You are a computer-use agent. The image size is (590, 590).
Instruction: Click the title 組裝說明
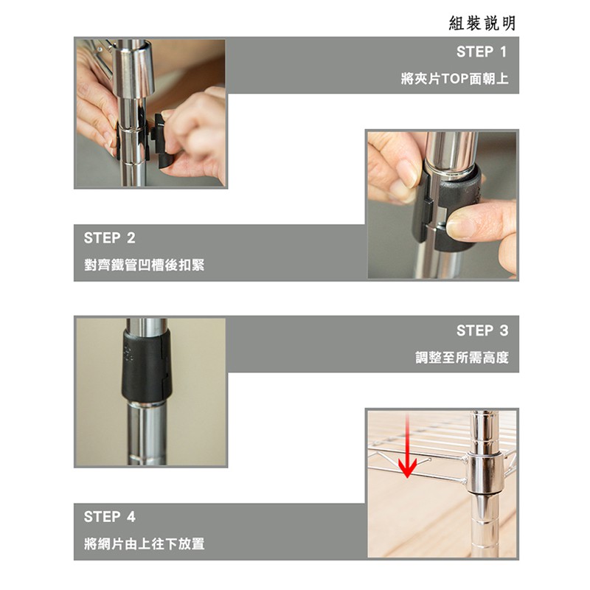click(482, 24)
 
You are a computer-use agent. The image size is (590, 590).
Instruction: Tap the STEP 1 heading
click(482, 52)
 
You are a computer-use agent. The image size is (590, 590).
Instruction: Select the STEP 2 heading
click(109, 238)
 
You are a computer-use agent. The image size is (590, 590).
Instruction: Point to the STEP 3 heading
click(482, 330)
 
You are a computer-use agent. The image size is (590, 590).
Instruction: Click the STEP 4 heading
click(109, 517)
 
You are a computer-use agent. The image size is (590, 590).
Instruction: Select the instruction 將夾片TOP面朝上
click(454, 79)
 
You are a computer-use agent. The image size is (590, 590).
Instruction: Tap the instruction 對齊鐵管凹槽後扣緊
click(144, 265)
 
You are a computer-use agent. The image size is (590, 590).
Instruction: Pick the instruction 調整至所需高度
click(462, 358)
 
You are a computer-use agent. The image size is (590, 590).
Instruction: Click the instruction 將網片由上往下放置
click(144, 544)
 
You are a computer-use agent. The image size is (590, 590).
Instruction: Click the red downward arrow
click(407, 446)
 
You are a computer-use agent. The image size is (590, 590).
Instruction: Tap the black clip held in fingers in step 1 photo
click(162, 139)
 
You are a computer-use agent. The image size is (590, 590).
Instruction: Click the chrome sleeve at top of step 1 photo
click(133, 68)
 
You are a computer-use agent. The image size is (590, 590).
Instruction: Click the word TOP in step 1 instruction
click(455, 79)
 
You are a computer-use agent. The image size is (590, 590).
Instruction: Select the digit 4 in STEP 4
click(131, 517)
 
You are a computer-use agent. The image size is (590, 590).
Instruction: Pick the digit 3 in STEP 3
click(504, 330)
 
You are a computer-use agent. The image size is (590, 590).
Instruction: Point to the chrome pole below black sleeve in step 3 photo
click(147, 434)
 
